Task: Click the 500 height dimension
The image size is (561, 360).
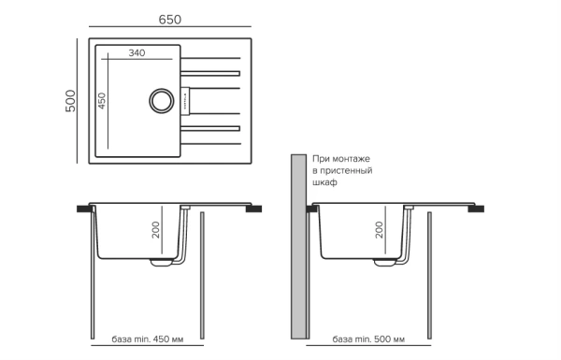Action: click(69, 101)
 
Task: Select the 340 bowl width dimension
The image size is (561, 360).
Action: click(137, 53)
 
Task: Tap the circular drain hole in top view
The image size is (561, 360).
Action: click(161, 98)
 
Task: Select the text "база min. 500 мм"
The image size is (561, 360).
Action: click(367, 338)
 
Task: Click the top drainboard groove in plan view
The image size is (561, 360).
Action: click(211, 70)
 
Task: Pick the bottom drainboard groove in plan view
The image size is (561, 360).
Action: click(211, 126)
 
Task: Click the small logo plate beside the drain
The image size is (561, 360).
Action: click(183, 98)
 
